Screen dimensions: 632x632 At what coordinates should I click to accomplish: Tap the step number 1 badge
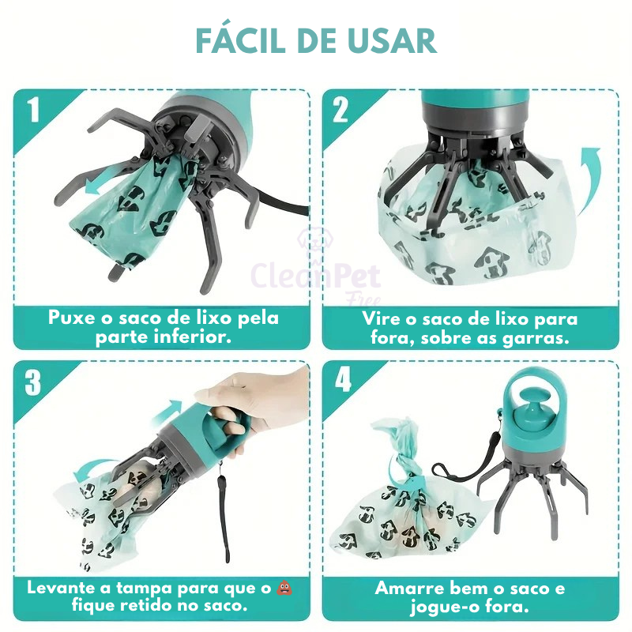pyautogui.click(x=32, y=110)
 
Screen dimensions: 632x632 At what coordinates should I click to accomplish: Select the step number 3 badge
pyautogui.click(x=32, y=382)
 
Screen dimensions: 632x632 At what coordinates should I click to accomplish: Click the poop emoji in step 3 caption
pyautogui.click(x=281, y=588)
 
